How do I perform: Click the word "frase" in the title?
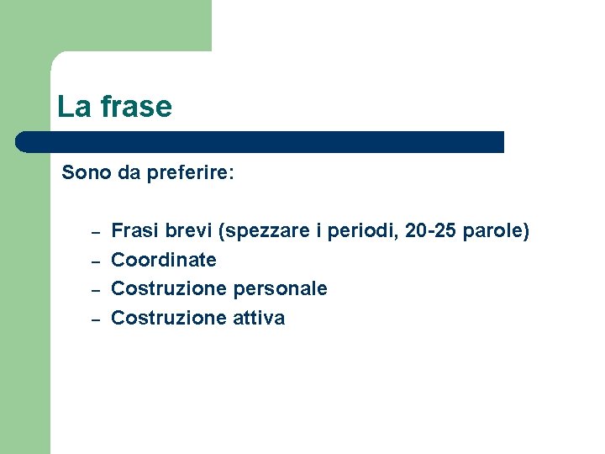[x=135, y=107]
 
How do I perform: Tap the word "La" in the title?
[x=74, y=107]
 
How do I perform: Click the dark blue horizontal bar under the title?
[x=260, y=142]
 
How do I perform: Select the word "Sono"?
[x=87, y=173]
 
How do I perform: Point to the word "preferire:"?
[x=190, y=173]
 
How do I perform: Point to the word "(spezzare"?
[x=259, y=231]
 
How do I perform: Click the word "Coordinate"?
[x=164, y=260]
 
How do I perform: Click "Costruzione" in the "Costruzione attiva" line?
[x=161, y=318]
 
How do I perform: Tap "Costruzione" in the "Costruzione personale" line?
[x=161, y=288]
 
